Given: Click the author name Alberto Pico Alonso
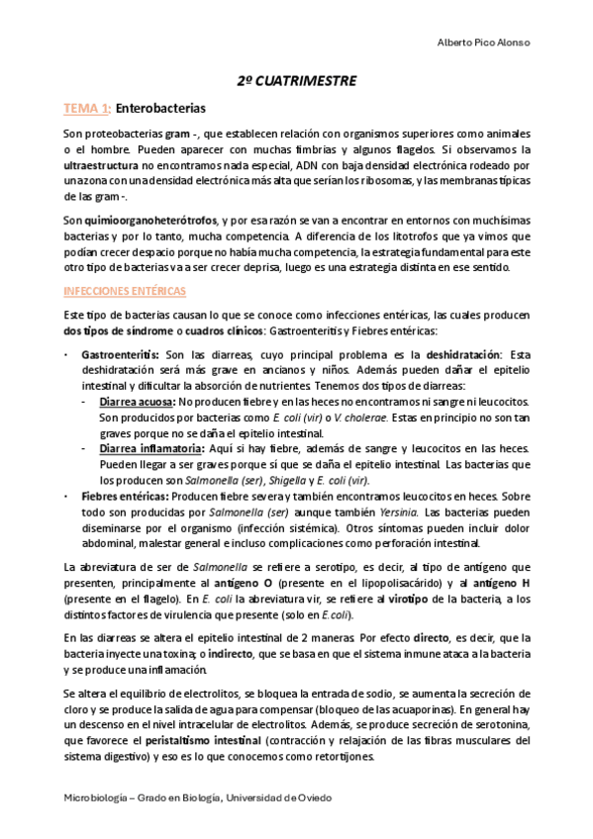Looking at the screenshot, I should click(x=484, y=42).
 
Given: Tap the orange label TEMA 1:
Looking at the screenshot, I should click(x=87, y=107).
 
